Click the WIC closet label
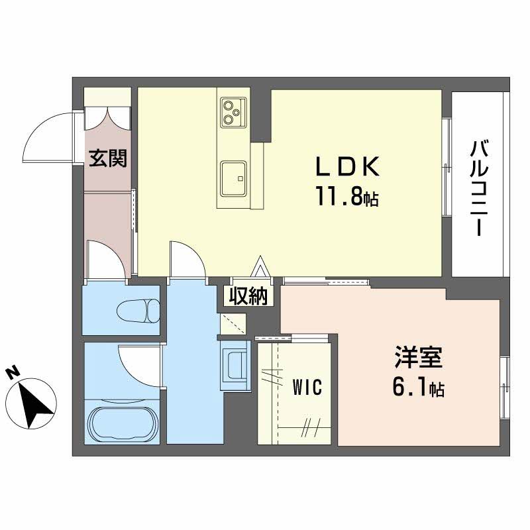click(x=307, y=387)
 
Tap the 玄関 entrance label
click(x=109, y=158)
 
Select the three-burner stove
click(x=233, y=111)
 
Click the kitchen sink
click(x=233, y=178)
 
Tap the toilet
click(x=138, y=310)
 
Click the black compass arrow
click(x=33, y=401)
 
